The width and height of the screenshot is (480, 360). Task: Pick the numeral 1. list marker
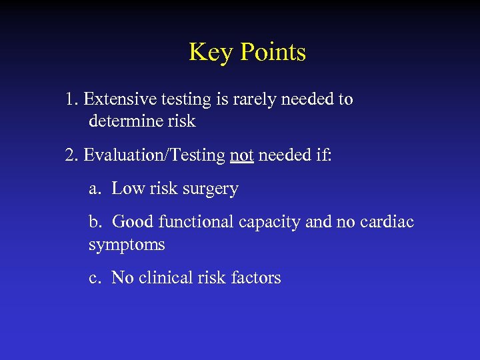[x=72, y=99]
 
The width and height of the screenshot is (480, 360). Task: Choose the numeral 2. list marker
[x=72, y=155]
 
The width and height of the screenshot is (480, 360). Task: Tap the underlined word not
[x=241, y=155]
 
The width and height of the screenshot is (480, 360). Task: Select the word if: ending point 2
[x=321, y=155]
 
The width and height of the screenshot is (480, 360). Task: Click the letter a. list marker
[x=95, y=189]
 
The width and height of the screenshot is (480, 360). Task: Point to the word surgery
[x=210, y=189]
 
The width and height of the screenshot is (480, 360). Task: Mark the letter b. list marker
[x=95, y=221]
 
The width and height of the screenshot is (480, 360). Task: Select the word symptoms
[x=127, y=245]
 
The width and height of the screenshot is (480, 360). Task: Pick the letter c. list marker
[x=95, y=277]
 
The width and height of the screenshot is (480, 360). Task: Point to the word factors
[x=256, y=277]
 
